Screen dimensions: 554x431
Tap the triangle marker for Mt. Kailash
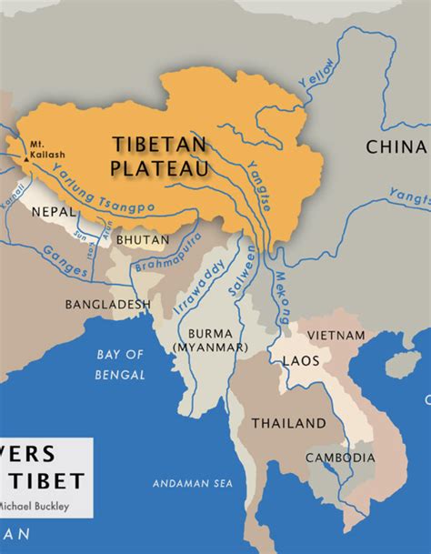(26, 160)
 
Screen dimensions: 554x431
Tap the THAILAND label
(288, 423)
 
